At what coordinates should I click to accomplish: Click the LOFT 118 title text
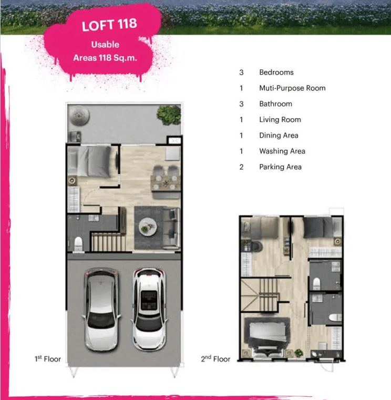click(109, 25)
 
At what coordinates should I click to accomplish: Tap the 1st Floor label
click(48, 358)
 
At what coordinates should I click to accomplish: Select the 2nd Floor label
click(215, 358)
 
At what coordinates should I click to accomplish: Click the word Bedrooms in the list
click(276, 72)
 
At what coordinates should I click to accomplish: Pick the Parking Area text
click(280, 167)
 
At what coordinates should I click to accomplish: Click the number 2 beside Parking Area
click(241, 167)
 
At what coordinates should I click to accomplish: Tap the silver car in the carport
click(101, 309)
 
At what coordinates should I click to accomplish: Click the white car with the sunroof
click(149, 309)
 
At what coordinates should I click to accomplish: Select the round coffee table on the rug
click(148, 227)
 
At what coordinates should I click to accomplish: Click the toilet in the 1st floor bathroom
click(78, 244)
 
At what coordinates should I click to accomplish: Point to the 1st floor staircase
click(108, 242)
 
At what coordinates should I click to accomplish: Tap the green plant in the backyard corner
click(169, 115)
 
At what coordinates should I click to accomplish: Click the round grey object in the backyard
click(79, 115)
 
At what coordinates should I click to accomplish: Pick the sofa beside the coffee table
click(171, 228)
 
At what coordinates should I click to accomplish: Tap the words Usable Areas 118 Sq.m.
click(105, 51)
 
